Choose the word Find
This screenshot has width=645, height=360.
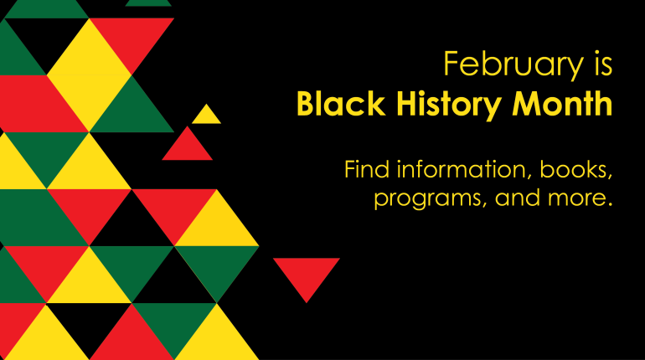367,169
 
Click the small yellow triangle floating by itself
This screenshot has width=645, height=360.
206,116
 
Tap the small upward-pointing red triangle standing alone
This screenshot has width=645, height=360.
188,146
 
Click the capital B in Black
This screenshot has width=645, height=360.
306,105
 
